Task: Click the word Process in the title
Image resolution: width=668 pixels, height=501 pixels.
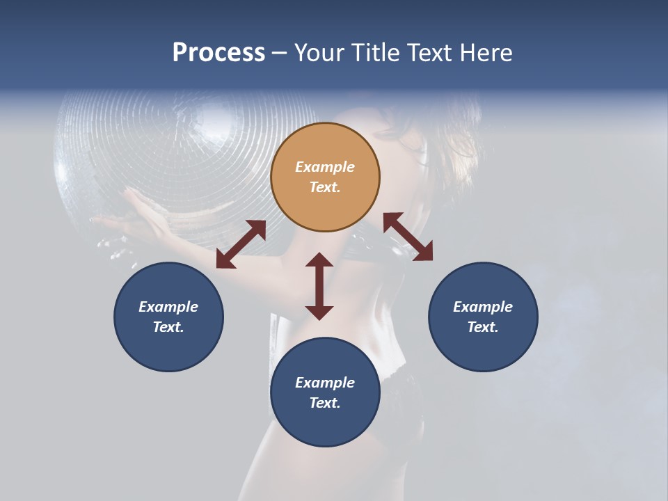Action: point(218,53)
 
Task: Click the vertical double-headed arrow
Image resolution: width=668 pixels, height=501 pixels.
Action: point(319,286)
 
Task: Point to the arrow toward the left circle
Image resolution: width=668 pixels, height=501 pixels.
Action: point(241,244)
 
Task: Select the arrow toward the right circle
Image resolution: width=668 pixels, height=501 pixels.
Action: point(408,237)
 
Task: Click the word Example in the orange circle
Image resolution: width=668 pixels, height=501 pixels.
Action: point(325,167)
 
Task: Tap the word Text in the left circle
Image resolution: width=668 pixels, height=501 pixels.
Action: point(168,327)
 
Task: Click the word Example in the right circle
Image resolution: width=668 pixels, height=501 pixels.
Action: point(483,307)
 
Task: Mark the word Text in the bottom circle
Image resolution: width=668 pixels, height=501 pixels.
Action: point(325,403)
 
